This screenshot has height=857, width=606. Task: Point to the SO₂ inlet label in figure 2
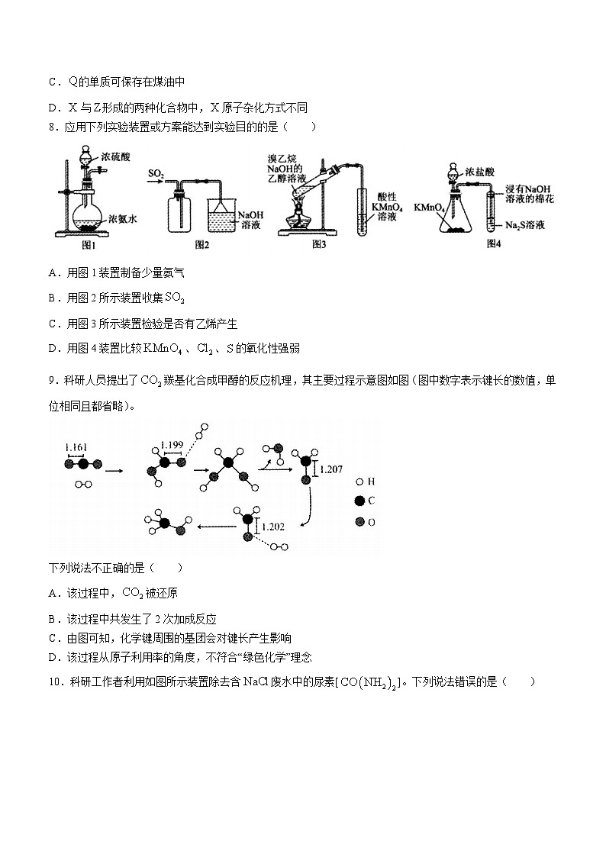[156, 176]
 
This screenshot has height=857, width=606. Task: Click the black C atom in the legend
[359, 501]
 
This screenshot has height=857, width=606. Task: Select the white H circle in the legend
[359, 482]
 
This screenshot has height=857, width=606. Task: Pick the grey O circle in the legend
[359, 522]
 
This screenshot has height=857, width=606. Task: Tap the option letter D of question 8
[52, 349]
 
